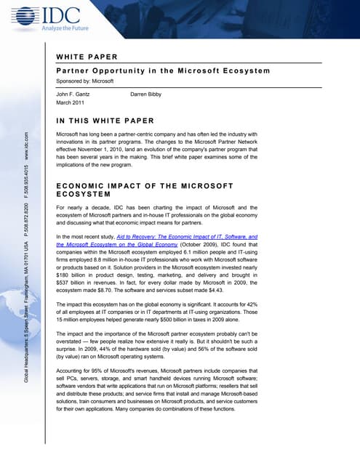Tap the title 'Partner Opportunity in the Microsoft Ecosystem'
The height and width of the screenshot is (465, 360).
[x=162, y=70]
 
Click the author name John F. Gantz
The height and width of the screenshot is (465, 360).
[x=75, y=94]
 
